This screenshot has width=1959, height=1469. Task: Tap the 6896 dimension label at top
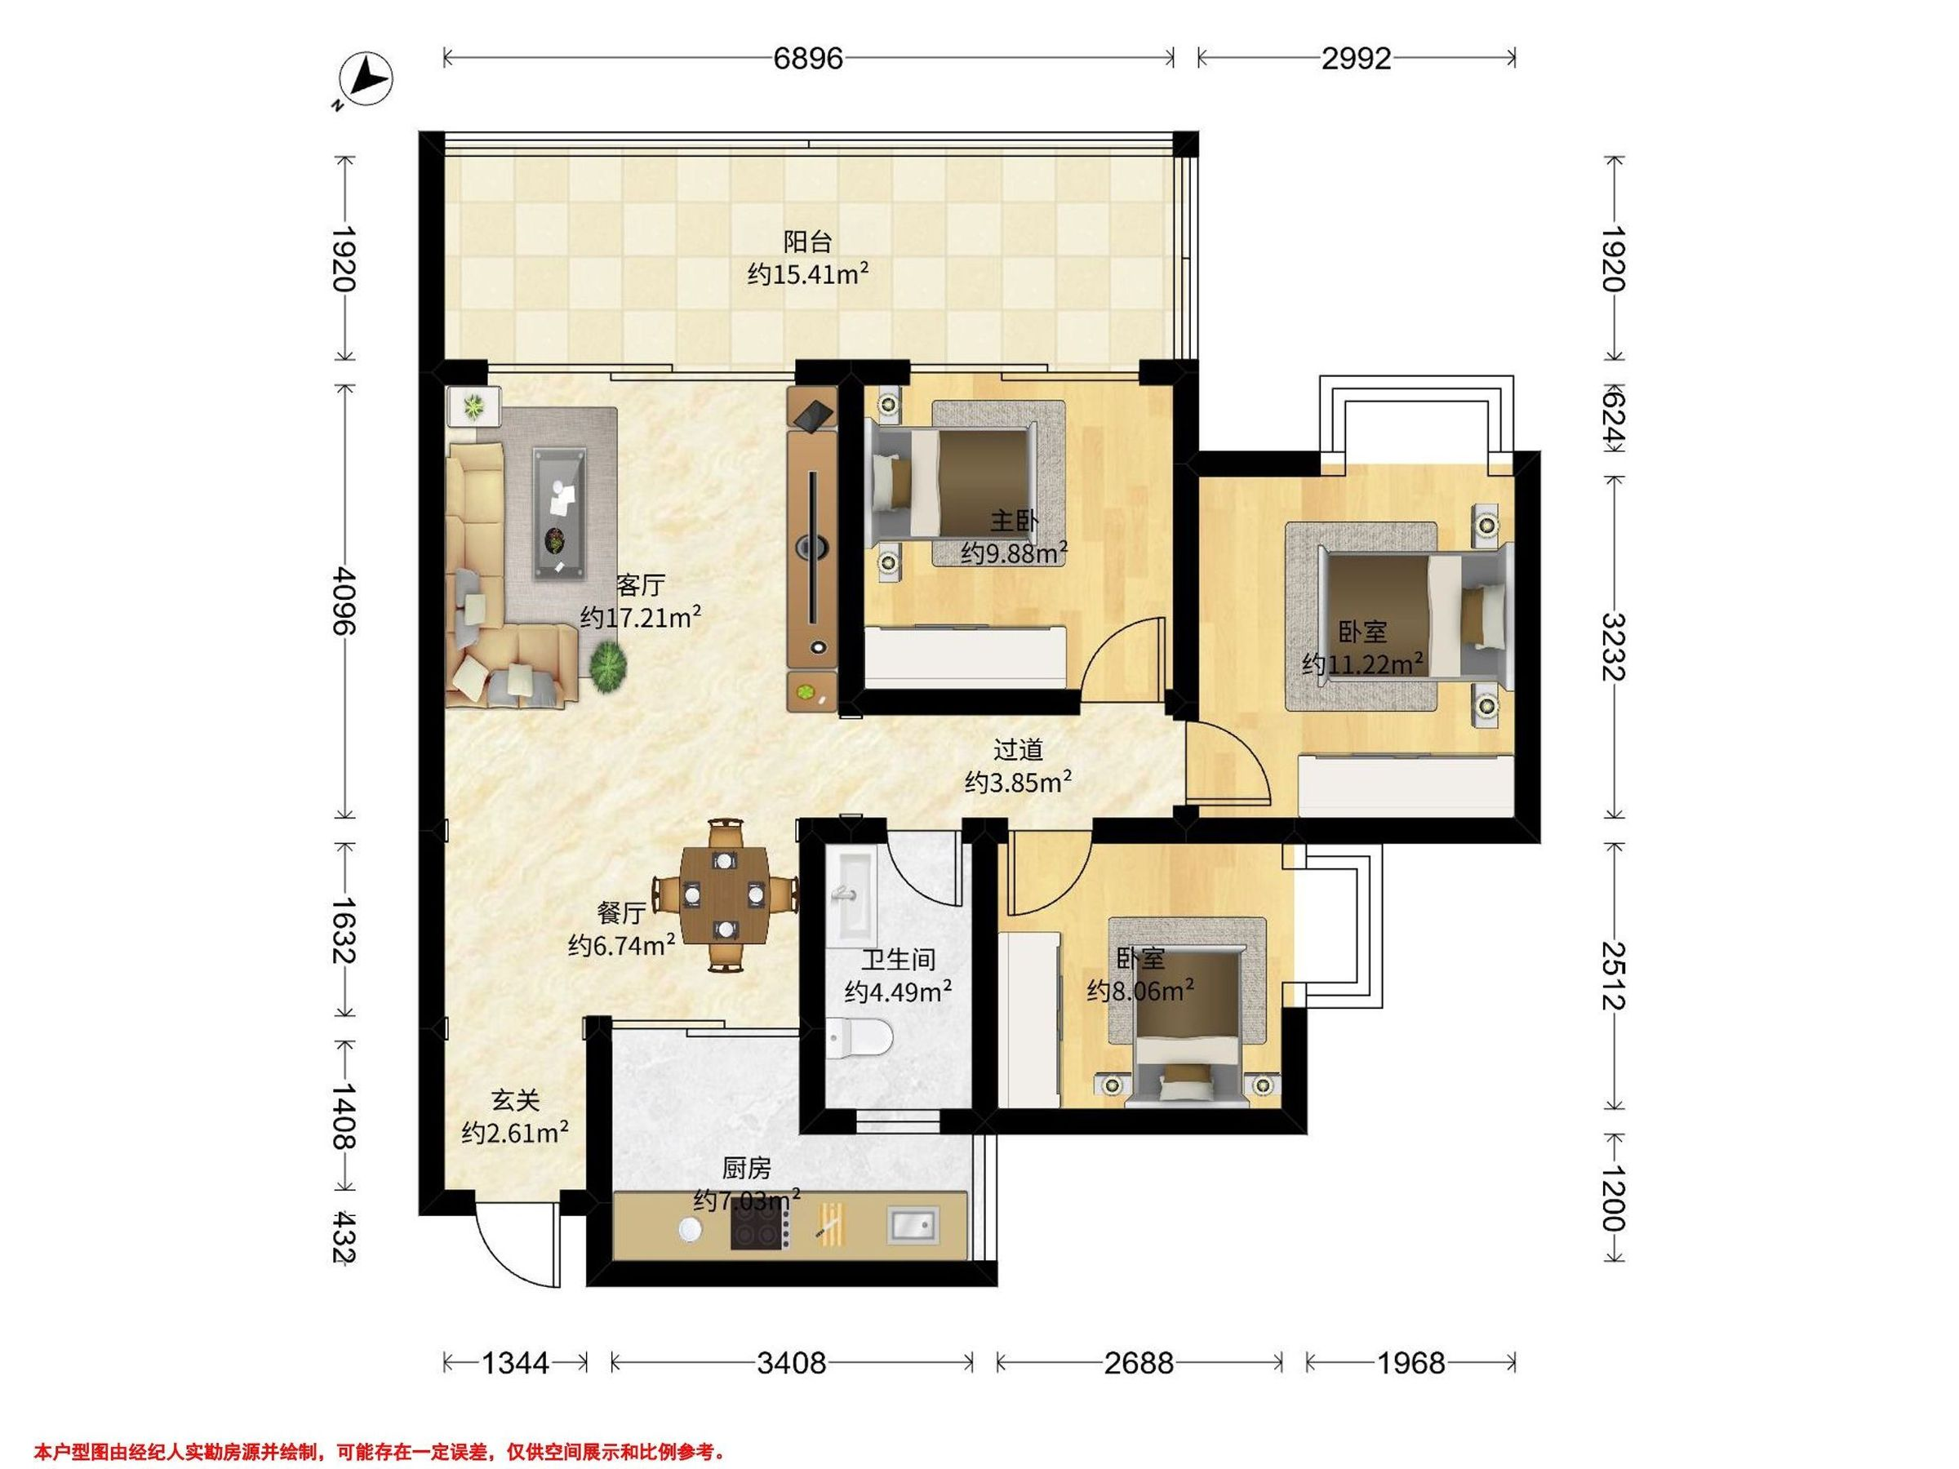coord(808,59)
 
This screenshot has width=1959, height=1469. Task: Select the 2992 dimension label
coord(1356,59)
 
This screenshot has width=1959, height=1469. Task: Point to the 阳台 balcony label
coord(808,241)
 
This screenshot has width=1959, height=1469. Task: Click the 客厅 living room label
coord(640,585)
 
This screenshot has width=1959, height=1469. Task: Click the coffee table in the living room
coord(559,513)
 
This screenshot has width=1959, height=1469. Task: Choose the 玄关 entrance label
coord(515,1101)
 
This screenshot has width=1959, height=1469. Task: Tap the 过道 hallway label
coord(1018,750)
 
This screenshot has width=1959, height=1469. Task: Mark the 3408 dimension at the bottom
coord(791,1363)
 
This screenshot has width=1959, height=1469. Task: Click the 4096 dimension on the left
coord(344,601)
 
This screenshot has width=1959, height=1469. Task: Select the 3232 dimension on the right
coord(1615,647)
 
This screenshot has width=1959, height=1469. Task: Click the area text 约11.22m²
coord(1363,663)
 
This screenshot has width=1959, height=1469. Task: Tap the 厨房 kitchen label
coord(747,1169)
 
